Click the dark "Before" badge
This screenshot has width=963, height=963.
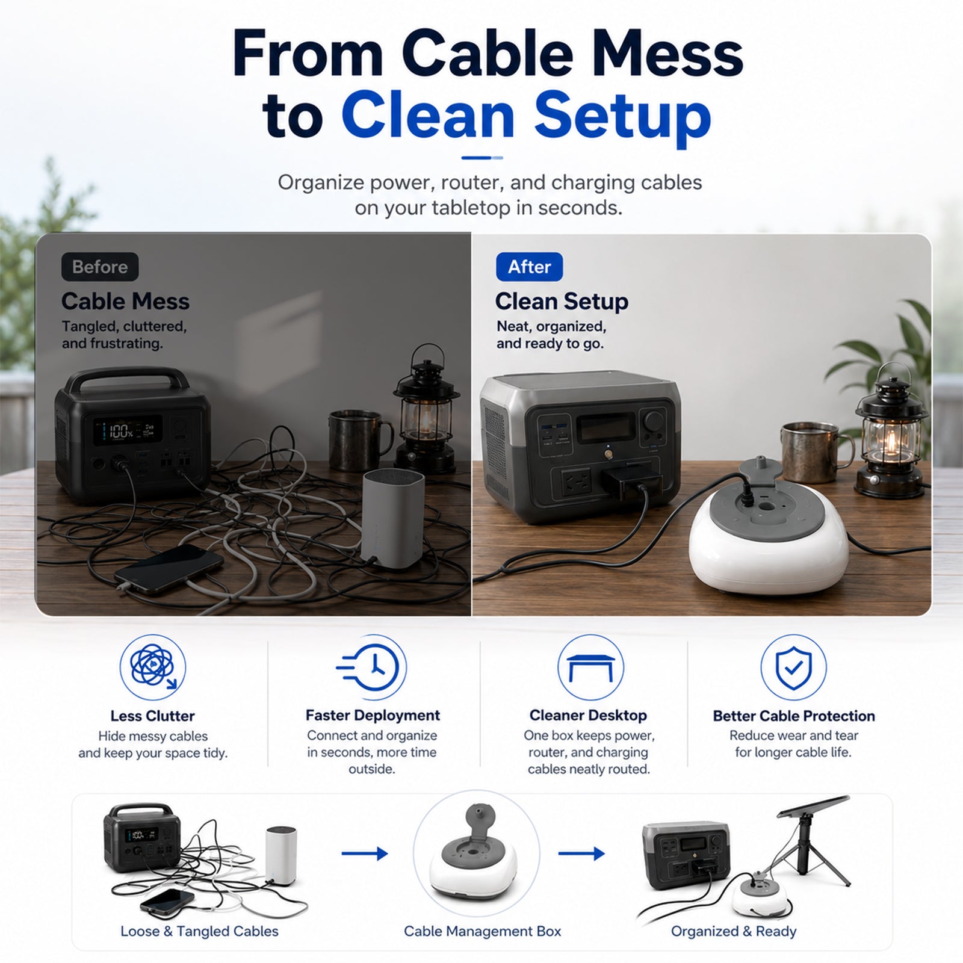pos(100,267)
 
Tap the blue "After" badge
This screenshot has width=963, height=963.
pos(529,267)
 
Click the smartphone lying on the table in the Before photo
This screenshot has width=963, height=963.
pos(169,569)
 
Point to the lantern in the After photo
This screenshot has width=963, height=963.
pos(891,430)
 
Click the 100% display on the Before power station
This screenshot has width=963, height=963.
pos(121,430)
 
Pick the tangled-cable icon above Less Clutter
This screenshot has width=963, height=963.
pos(153,667)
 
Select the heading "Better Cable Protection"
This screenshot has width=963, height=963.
pos(794,716)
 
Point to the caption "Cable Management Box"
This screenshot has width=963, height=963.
pos(482,931)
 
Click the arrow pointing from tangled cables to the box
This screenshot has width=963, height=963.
pos(365,853)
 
